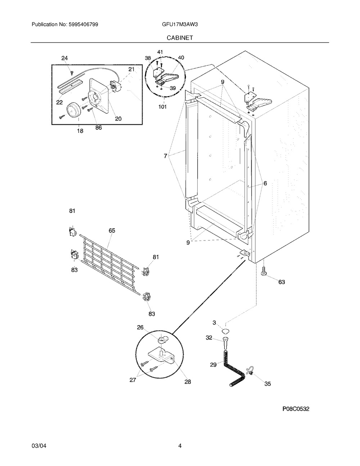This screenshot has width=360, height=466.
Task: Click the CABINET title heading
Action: [180, 37]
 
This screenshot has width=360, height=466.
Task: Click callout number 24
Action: [64, 58]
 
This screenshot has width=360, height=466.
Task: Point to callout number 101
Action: [163, 107]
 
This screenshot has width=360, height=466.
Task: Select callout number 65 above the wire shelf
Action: [112, 230]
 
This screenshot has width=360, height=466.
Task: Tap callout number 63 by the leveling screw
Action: [282, 282]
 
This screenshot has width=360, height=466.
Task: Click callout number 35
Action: [267, 384]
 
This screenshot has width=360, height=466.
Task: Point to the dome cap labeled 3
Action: [225, 331]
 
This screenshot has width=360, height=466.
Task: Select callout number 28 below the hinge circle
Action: [188, 382]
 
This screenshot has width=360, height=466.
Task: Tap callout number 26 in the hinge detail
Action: [140, 327]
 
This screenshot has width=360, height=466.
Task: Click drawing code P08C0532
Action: [296, 409]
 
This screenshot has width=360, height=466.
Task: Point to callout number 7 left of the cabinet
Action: [165, 156]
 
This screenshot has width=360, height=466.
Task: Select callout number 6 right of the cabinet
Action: [265, 183]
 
